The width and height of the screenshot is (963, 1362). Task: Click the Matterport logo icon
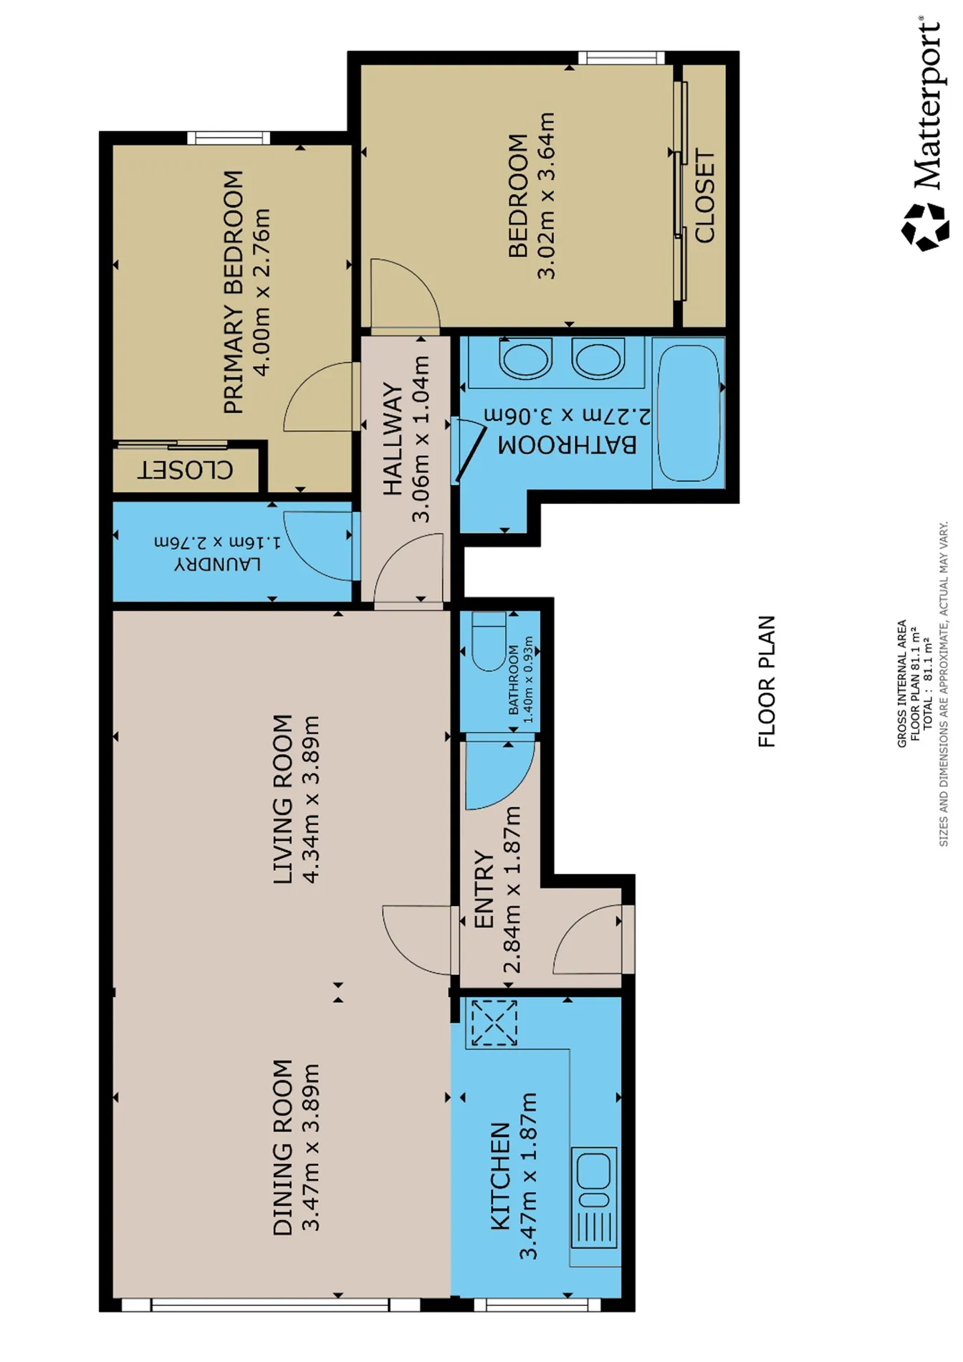tap(925, 227)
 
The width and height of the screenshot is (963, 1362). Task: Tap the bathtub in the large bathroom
tap(689, 413)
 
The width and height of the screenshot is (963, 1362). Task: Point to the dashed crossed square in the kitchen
tap(494, 1023)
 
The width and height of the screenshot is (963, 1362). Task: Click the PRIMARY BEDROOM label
tap(234, 292)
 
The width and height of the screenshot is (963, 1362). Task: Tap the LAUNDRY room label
tap(218, 564)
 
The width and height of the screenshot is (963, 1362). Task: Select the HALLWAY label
tap(393, 439)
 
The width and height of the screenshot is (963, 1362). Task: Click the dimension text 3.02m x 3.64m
tap(546, 195)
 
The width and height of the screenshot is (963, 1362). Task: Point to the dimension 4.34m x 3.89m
tap(310, 799)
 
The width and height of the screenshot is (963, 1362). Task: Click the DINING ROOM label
tap(283, 1148)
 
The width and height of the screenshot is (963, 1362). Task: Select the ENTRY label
tap(484, 890)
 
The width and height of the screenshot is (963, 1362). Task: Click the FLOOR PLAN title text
tap(767, 681)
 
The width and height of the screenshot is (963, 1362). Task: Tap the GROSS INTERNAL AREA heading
tap(902, 684)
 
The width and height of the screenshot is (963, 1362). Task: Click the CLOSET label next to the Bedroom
tap(704, 196)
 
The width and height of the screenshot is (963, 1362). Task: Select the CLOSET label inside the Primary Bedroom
tap(186, 470)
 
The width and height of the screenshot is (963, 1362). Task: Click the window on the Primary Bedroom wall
tap(229, 138)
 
